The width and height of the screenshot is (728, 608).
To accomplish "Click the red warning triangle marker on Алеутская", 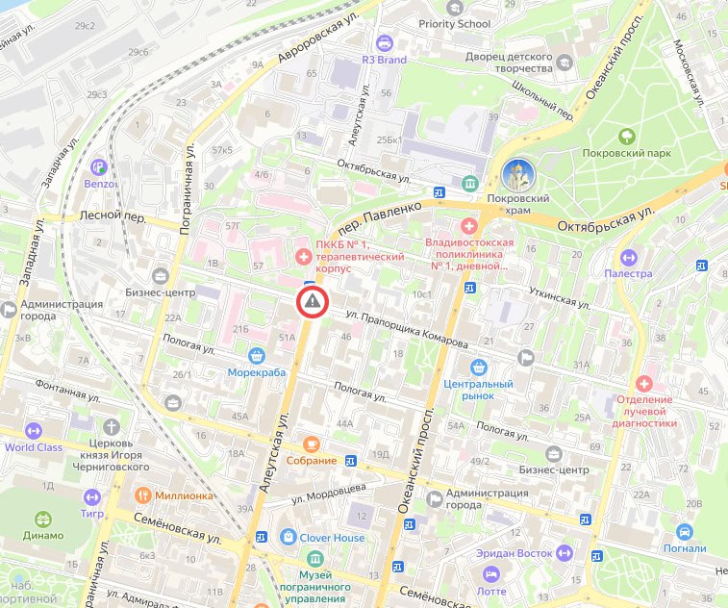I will coord(312,302).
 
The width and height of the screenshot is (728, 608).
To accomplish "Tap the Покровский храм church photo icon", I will coord(519,175).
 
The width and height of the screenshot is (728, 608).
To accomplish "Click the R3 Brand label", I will coord(384,60).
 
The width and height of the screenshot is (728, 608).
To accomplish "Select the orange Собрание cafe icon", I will coord(311,443).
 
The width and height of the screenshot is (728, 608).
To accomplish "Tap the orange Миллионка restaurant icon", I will coord(141,495).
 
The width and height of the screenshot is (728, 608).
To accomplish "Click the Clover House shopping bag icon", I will coord(288,537).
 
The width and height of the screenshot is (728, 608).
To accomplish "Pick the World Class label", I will coord(33,446).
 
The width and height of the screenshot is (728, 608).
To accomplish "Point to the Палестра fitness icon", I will coord(628,257).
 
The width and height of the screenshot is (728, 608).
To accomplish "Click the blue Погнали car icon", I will coord(684,532).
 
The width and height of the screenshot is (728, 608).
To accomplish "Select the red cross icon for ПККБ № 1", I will coord(303,256).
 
